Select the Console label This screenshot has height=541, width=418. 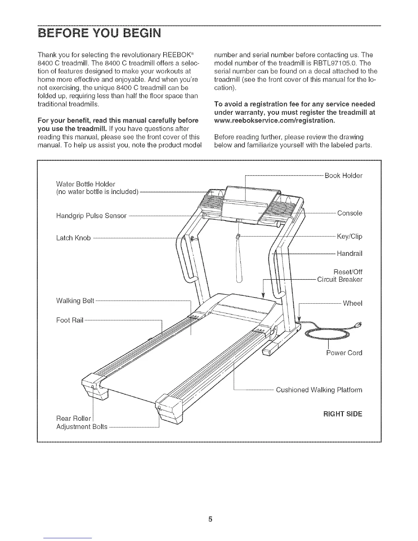(349, 213)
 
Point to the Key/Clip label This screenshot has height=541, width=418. (349, 236)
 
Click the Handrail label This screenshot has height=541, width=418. (349, 253)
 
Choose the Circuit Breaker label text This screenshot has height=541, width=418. (339, 280)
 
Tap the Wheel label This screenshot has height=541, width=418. (352, 303)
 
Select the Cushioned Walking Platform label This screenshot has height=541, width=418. (319, 390)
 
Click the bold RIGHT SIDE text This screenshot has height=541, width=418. (342, 414)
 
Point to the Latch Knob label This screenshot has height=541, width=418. (73, 238)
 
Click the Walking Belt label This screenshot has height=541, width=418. (75, 301)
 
